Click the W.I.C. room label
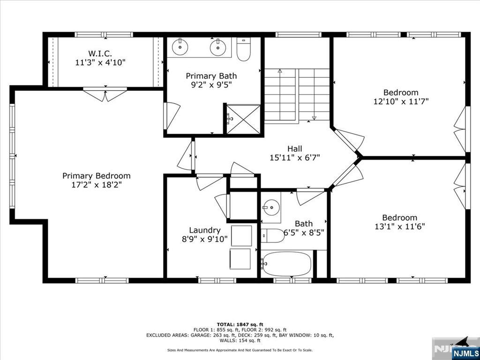(100, 53)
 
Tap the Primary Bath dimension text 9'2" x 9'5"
(211, 84)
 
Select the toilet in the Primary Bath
(243, 49)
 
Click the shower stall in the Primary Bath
(243, 120)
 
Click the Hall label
(294, 149)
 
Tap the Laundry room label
(204, 230)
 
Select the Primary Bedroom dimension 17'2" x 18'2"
(97, 185)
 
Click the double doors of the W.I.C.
(105, 95)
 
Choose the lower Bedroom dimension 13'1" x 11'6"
(400, 226)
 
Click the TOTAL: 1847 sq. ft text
(240, 324)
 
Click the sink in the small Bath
(271, 207)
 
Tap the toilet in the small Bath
(273, 235)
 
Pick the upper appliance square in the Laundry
(241, 236)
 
